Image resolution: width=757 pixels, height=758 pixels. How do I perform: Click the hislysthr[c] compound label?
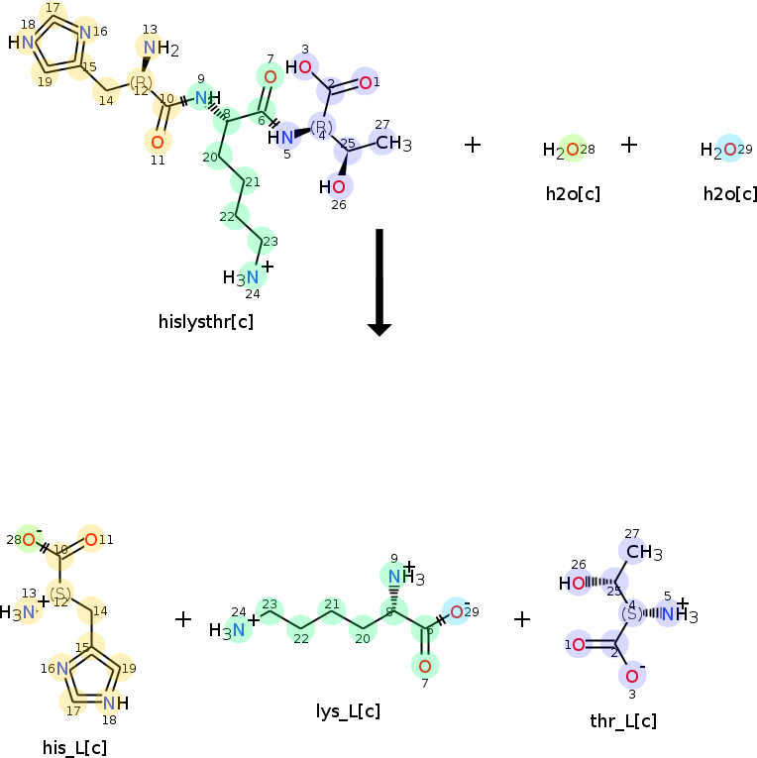coord(206,321)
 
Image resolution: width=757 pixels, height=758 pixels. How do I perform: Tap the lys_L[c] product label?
coord(348,710)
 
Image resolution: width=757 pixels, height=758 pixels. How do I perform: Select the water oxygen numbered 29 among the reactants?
coord(728,150)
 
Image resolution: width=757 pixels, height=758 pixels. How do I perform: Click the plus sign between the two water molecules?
coord(629,145)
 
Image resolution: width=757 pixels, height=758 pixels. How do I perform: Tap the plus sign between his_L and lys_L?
coord(183,619)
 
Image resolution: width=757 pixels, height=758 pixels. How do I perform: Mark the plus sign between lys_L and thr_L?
coord(522,619)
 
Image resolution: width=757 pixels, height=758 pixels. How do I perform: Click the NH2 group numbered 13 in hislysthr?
coord(157,49)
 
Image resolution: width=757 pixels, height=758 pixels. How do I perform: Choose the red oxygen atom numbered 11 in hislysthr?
coord(158,141)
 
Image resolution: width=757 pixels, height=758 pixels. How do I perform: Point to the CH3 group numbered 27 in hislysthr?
coord(393,143)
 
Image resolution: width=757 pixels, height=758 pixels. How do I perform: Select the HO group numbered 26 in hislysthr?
coord(334,185)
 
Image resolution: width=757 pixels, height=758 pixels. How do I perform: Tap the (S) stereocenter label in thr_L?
coord(631,614)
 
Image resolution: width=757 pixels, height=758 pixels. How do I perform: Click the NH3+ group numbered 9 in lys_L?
coord(402,577)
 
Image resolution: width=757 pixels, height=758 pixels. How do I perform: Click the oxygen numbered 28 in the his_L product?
coord(30,540)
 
